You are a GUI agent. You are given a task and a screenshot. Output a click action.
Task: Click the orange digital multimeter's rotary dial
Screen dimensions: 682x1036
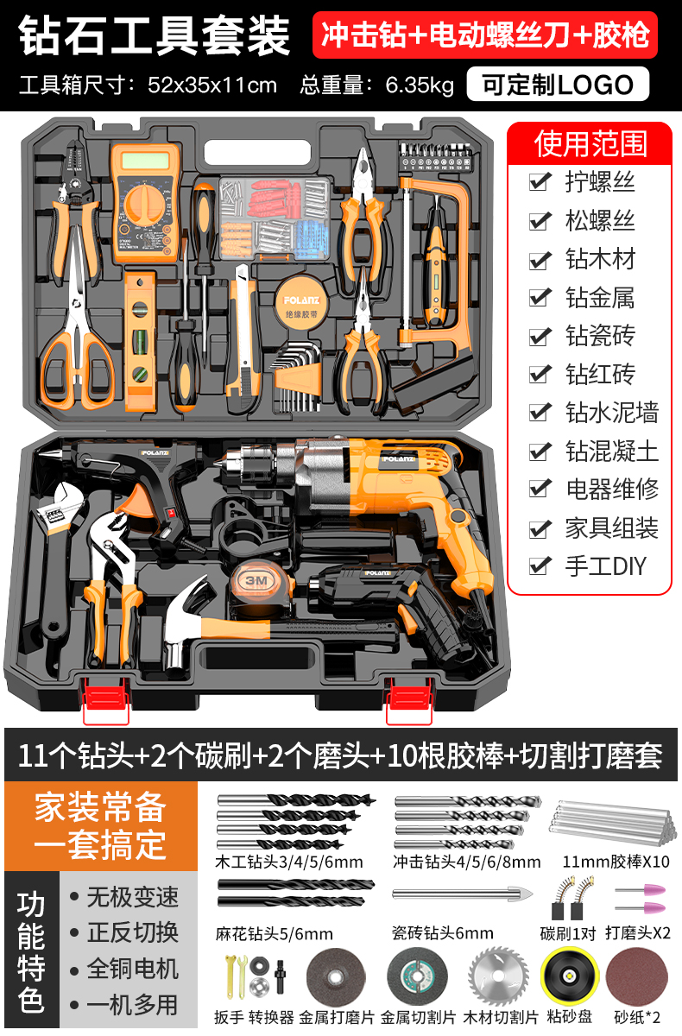(x=144, y=204)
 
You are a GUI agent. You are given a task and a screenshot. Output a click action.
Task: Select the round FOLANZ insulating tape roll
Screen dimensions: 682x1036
(x=301, y=302)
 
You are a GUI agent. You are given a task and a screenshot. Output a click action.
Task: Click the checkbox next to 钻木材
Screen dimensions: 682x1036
(x=540, y=260)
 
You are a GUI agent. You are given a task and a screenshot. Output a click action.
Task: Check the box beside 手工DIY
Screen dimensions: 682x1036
(x=540, y=565)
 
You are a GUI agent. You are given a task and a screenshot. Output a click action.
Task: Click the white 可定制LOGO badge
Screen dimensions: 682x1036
(x=558, y=85)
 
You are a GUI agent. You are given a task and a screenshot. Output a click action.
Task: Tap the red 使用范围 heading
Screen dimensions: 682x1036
(x=590, y=143)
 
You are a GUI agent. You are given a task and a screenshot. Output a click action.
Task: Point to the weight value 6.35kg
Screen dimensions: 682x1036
(x=420, y=85)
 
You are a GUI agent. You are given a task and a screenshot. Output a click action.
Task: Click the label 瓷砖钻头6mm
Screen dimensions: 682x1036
(x=443, y=933)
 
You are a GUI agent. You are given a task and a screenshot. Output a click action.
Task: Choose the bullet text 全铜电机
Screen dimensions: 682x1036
(x=132, y=969)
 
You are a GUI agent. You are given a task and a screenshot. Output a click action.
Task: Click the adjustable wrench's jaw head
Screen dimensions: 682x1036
(x=60, y=505)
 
